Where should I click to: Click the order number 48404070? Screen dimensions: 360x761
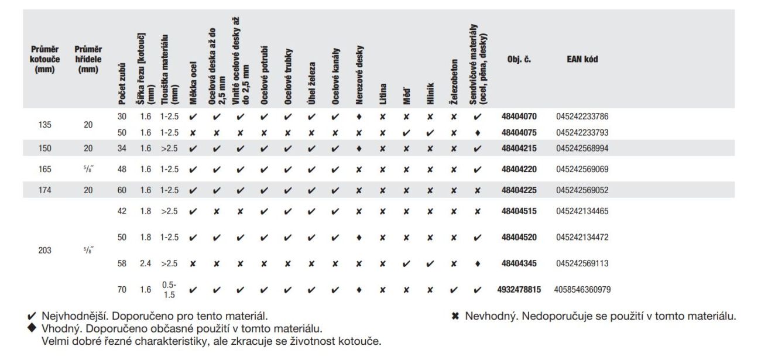tap(519, 116)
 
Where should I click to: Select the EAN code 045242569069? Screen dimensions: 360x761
tap(582, 169)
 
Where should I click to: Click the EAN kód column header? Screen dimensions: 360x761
tap(582, 59)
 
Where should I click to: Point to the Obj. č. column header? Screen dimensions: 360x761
tap(519, 59)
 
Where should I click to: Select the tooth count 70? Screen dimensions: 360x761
tap(122, 289)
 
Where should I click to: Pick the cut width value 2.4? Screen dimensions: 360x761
tap(145, 263)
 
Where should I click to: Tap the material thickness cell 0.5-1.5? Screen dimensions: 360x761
tap(169, 289)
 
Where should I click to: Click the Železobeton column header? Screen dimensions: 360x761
tap(454, 81)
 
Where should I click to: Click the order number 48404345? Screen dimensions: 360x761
tap(519, 263)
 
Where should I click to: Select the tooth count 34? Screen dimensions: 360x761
tap(122, 148)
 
